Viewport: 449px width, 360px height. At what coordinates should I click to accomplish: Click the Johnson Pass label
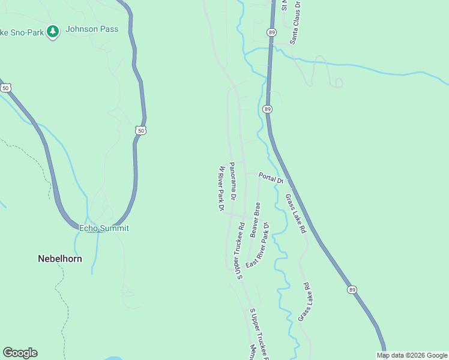[92, 29]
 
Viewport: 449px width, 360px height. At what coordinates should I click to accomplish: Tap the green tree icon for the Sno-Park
[53, 31]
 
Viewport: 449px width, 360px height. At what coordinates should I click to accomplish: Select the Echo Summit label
[104, 228]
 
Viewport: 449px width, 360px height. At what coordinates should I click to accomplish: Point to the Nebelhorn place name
[60, 259]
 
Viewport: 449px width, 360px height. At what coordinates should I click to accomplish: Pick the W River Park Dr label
[221, 188]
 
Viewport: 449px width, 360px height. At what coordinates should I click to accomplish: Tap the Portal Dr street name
[270, 178]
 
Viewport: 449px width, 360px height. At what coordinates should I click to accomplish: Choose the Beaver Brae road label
[256, 218]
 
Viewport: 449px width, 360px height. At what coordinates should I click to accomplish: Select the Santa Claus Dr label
[295, 22]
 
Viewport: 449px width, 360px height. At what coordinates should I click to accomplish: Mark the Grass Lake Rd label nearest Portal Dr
[295, 213]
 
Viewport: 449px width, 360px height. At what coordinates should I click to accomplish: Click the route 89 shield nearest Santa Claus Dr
[272, 32]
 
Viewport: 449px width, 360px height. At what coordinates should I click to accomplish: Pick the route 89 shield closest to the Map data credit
[351, 290]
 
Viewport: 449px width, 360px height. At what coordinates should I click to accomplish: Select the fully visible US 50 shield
[140, 130]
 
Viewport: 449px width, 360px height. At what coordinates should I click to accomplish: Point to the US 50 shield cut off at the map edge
[5, 88]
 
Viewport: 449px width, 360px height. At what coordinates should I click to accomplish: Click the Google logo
[20, 353]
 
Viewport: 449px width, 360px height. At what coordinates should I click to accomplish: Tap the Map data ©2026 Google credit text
[412, 355]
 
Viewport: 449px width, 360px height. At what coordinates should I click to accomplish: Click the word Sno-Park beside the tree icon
[29, 32]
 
